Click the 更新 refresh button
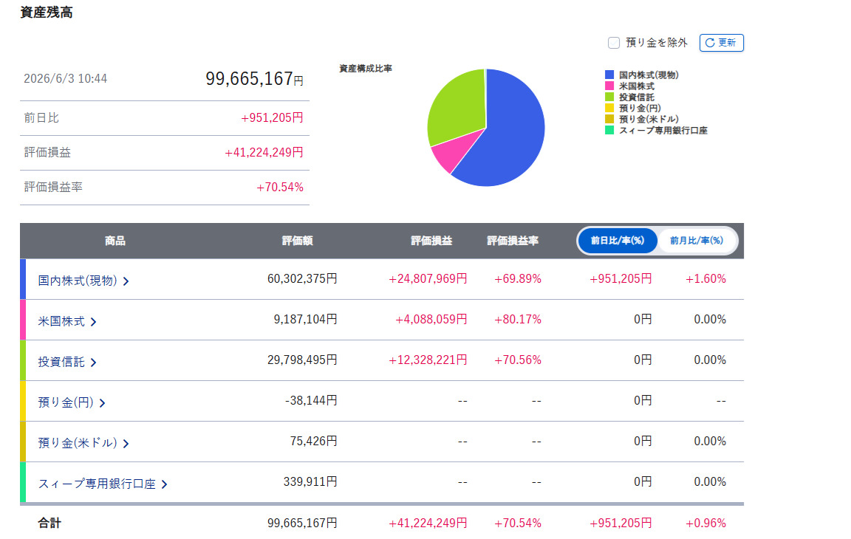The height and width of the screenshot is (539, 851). [x=721, y=43]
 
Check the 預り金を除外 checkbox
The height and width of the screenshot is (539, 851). [x=614, y=43]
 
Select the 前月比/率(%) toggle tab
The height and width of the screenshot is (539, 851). [x=697, y=240]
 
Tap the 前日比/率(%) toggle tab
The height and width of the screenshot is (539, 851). [x=618, y=240]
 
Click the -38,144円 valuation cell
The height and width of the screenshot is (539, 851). [x=311, y=401]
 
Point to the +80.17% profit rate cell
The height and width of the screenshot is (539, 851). [x=518, y=320]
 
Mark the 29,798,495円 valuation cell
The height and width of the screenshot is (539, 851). [x=302, y=360]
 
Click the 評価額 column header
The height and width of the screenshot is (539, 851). [x=298, y=241]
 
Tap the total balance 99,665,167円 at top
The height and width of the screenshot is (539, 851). [x=255, y=78]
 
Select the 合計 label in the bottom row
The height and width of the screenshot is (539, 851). [x=49, y=523]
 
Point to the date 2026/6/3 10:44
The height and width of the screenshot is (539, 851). [x=65, y=78]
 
